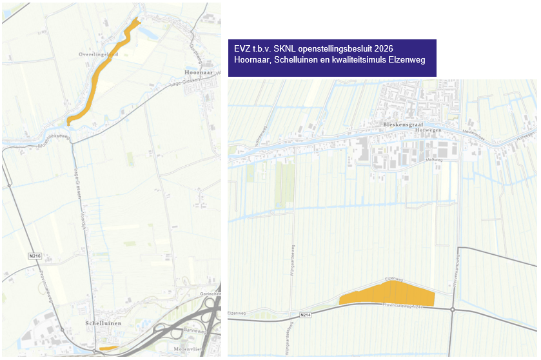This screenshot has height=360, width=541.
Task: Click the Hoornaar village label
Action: [197, 73]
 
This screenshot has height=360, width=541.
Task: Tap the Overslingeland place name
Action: [99, 55]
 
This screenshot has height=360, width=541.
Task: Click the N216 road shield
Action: [35, 257]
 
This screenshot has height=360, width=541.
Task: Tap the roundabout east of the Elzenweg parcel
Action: [453, 310]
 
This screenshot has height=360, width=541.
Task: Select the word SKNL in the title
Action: [286, 49]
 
